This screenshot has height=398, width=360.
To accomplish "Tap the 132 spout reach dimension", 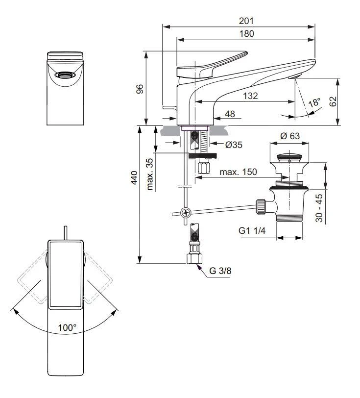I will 250,96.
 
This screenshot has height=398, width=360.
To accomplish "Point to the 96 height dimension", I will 140,89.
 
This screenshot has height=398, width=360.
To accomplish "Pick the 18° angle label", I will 313,102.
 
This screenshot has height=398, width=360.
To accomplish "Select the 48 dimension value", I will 229,114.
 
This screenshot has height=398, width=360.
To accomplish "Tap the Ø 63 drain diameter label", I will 291,136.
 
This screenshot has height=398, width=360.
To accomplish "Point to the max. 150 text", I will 238,173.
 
